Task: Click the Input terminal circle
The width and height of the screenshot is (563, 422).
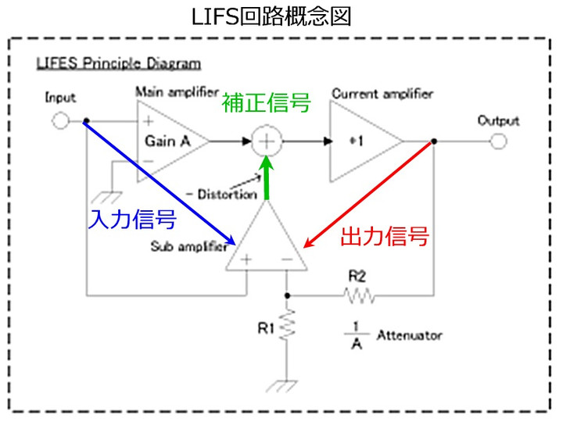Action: [x=60, y=121]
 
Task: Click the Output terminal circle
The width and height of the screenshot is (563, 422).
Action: [x=498, y=141]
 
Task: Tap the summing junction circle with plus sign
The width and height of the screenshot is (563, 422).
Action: [x=267, y=141]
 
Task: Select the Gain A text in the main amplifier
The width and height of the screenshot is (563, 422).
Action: [x=167, y=141]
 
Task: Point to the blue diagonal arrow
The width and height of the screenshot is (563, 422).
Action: [x=160, y=183]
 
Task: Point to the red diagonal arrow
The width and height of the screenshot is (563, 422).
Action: [x=368, y=195]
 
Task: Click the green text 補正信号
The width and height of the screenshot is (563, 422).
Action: [x=266, y=102]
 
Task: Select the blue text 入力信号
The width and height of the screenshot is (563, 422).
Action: [x=132, y=220]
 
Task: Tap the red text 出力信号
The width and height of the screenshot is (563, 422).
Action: [x=385, y=236]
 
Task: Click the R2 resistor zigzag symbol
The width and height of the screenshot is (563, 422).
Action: [x=360, y=295]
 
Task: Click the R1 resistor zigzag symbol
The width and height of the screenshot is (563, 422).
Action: [x=287, y=325]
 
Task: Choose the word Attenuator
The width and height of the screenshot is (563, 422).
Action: [x=409, y=335]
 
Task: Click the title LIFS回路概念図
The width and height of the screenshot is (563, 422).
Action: [x=271, y=17]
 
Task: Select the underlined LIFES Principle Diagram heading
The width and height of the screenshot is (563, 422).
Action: [x=119, y=63]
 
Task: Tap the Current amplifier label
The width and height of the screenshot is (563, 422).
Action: [x=382, y=94]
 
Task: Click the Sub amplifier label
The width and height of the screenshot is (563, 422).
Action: [x=189, y=246]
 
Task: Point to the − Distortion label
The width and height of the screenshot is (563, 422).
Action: [x=221, y=194]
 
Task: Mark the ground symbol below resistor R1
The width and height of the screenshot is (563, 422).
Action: [x=282, y=386]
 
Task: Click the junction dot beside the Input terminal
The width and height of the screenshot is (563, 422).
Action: [x=86, y=121]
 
